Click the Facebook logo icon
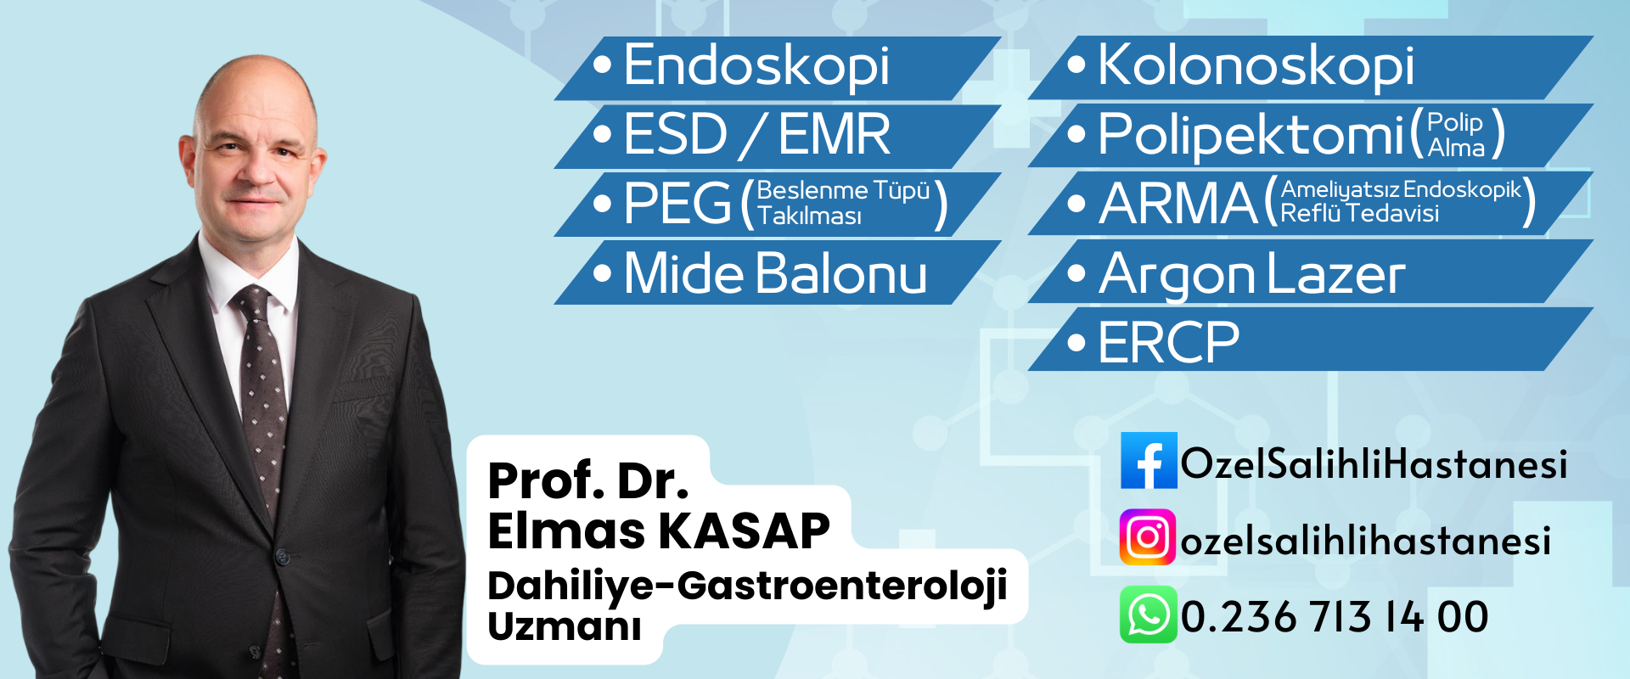pyautogui.click(x=1149, y=460)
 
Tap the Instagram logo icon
pyautogui.click(x=1148, y=537)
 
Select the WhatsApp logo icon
pyautogui.click(x=1148, y=614)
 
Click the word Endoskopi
pyautogui.click(x=756, y=66)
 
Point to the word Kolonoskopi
pyautogui.click(x=1256, y=66)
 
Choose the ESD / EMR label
pyautogui.click(x=757, y=134)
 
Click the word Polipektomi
pyautogui.click(x=1251, y=134)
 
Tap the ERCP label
pyautogui.click(x=1169, y=342)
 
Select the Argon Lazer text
pyautogui.click(x=1252, y=275)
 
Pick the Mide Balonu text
pyautogui.click(x=775, y=273)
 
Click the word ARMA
pyautogui.click(x=1178, y=204)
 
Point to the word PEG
pyautogui.click(x=677, y=204)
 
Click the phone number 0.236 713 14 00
pyautogui.click(x=1335, y=616)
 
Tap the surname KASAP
pyautogui.click(x=744, y=531)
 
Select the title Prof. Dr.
pyautogui.click(x=587, y=480)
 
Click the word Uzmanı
pyautogui.click(x=564, y=626)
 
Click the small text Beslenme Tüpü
pyautogui.click(x=843, y=190)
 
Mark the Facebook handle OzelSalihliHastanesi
pyautogui.click(x=1374, y=463)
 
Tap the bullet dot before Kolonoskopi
pyautogui.click(x=1076, y=65)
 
